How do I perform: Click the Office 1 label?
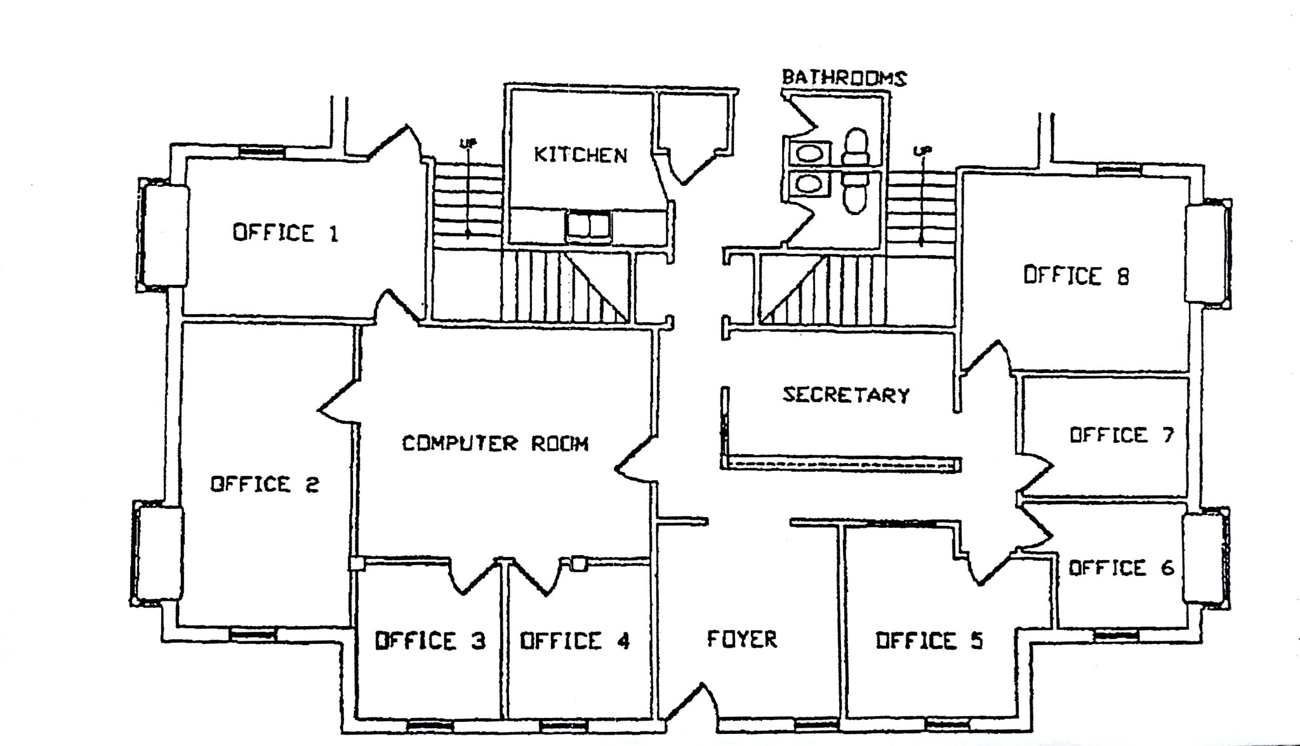[285, 233]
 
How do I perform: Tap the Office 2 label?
[265, 485]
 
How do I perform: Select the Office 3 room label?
[430, 641]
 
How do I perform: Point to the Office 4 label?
[575, 641]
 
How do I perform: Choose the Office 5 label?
[929, 641]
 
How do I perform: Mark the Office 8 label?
[1077, 275]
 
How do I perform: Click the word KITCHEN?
[580, 155]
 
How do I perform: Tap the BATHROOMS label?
[844, 77]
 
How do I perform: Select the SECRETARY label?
[846, 395]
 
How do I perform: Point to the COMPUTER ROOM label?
[495, 443]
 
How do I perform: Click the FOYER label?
[742, 639]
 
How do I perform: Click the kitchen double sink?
[588, 226]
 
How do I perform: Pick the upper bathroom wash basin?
[808, 154]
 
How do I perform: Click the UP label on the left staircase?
[468, 143]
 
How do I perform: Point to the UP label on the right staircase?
[921, 151]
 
